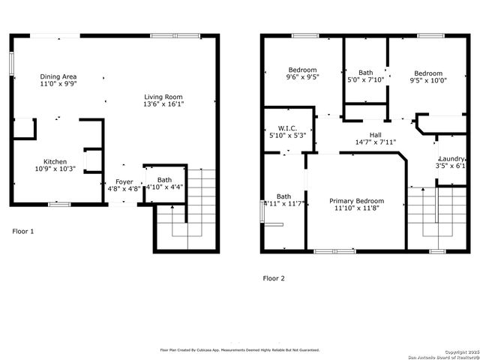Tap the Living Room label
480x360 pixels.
tap(163, 97)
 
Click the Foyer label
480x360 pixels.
tap(124, 181)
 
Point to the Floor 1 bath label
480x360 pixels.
tap(164, 180)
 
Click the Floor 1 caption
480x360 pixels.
tap(23, 231)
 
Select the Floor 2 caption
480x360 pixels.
tap(274, 278)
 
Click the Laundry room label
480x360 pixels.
tap(452, 159)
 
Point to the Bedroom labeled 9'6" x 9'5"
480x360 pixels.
tap(302, 70)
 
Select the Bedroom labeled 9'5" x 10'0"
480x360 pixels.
tap(430, 73)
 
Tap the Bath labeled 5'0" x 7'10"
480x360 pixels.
tap(366, 73)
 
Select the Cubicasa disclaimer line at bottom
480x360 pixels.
tap(240, 349)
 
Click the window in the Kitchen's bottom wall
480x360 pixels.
tap(59, 204)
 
